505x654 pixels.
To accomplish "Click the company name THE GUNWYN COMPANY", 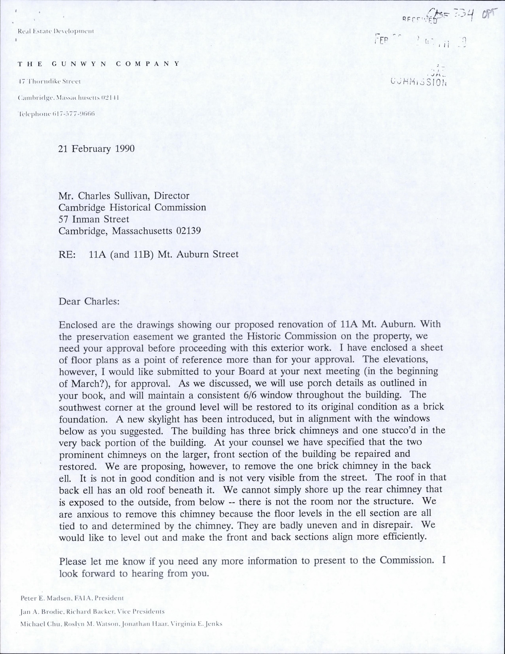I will tap(98, 64).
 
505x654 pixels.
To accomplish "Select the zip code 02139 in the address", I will tap(188, 231).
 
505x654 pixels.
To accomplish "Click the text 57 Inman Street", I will tap(94, 219).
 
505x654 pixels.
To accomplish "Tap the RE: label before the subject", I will tap(67, 254).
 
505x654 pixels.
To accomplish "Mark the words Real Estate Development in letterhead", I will tap(55, 31).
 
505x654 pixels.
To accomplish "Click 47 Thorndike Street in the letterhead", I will tap(48, 81).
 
